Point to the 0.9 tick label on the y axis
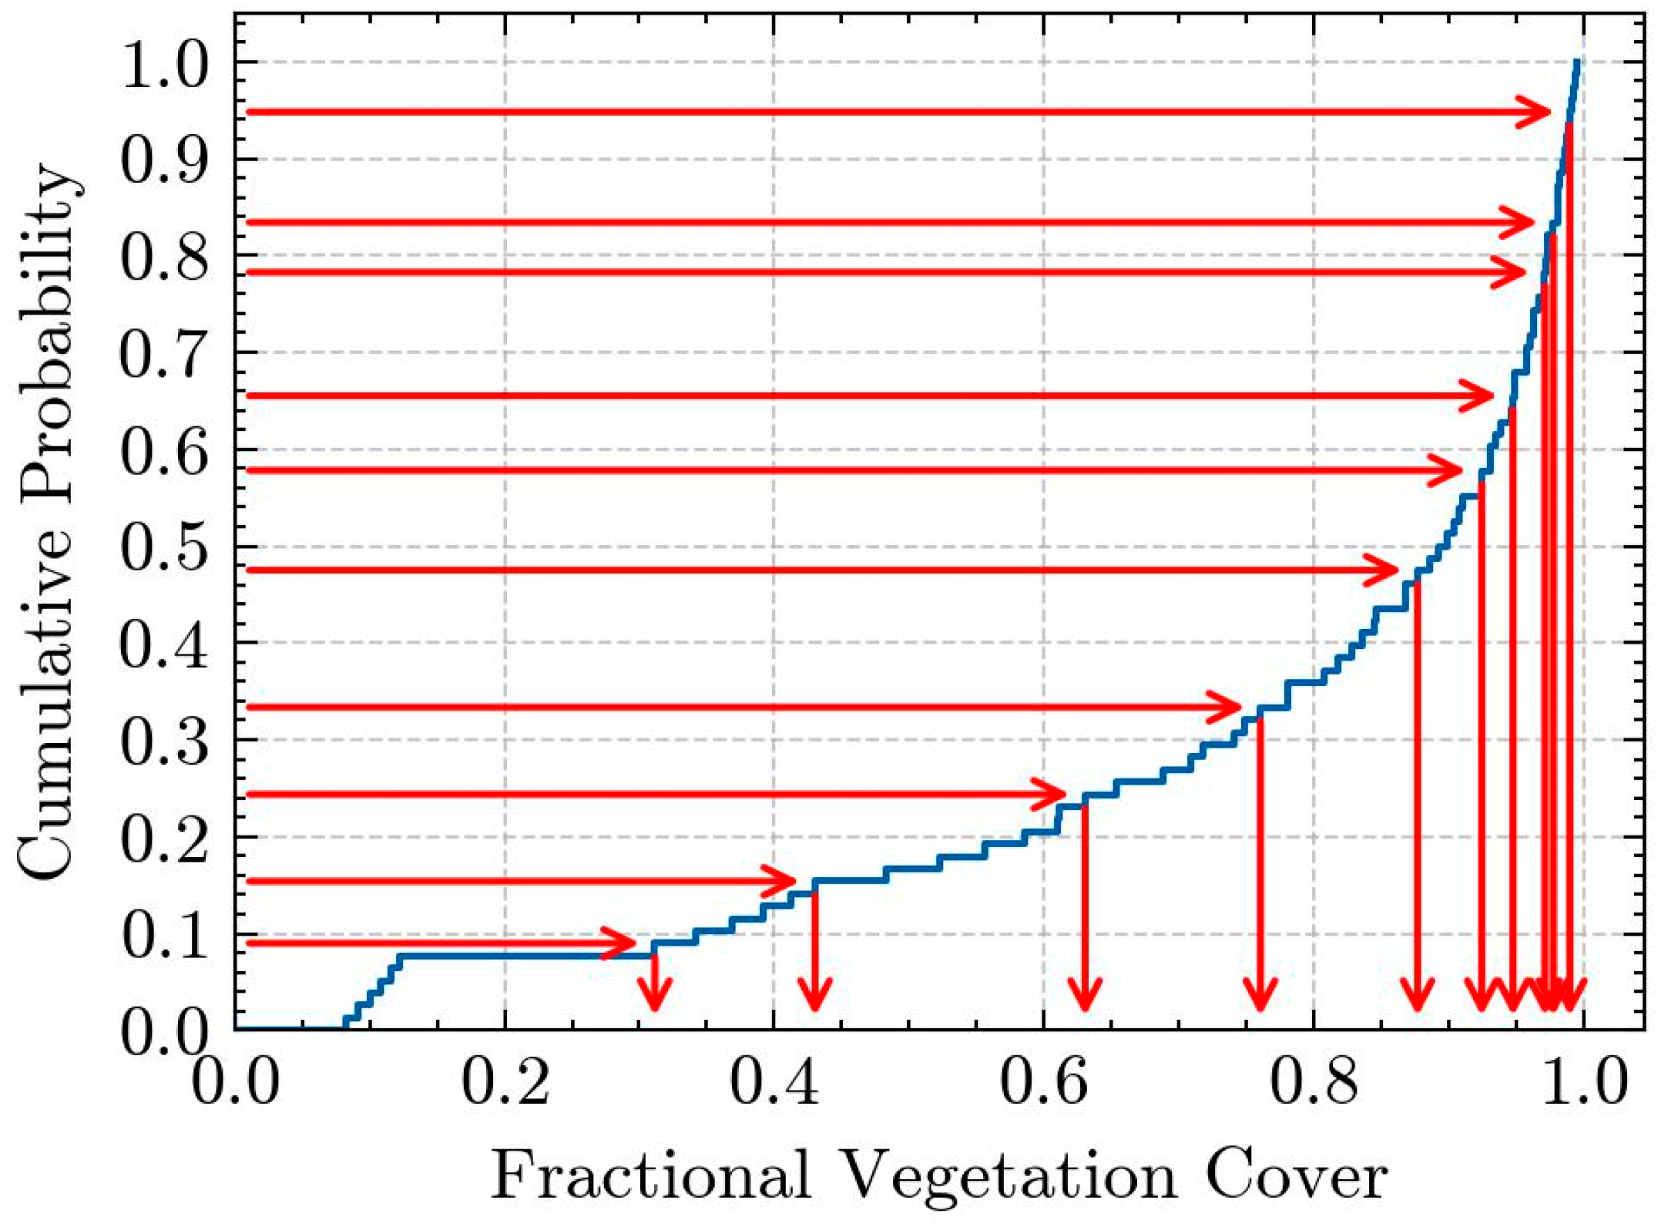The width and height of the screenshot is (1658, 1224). point(164,160)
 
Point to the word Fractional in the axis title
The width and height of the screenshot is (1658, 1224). point(651,1173)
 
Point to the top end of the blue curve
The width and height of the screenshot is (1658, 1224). point(1577,61)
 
